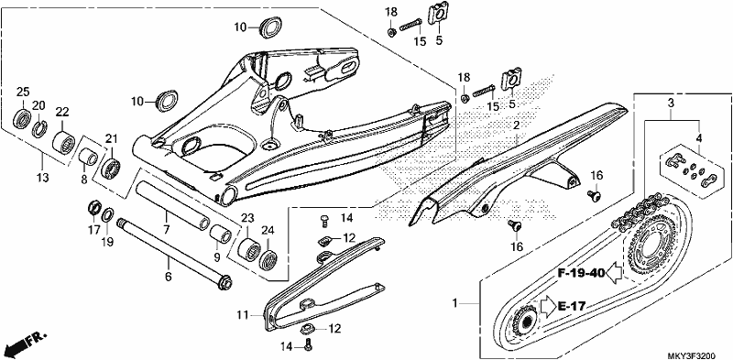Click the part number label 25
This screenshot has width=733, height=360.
[x=23, y=92]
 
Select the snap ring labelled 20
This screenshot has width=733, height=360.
[x=38, y=129]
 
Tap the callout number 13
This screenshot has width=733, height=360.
[x=42, y=177]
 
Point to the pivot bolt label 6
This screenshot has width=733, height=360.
[x=169, y=277]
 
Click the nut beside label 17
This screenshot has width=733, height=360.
[x=95, y=207]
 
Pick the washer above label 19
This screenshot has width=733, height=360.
[x=107, y=214]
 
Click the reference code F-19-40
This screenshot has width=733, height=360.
[x=581, y=273]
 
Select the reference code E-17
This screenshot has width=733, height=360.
[x=571, y=307]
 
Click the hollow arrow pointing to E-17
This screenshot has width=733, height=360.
[x=547, y=306]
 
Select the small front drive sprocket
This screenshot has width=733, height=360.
[x=524, y=320]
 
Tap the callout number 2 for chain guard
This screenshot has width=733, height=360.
[x=516, y=125]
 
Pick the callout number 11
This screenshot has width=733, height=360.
[x=241, y=316]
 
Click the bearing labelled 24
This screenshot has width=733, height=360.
[x=268, y=257]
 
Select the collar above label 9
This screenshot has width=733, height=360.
[x=220, y=233]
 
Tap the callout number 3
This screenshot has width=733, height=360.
[x=671, y=103]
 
